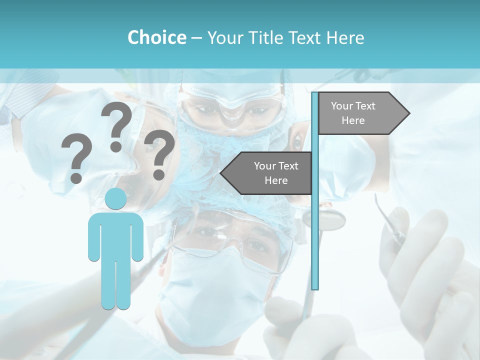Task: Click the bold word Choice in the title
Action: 156,37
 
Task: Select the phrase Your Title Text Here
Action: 285,37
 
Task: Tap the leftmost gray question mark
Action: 76,158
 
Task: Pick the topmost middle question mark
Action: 116,125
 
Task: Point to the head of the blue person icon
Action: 115,199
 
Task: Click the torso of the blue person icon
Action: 115,235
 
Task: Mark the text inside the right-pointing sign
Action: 353,113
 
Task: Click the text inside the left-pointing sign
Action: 275,173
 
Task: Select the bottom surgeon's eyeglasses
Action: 230,240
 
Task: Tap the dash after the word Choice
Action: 196,38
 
